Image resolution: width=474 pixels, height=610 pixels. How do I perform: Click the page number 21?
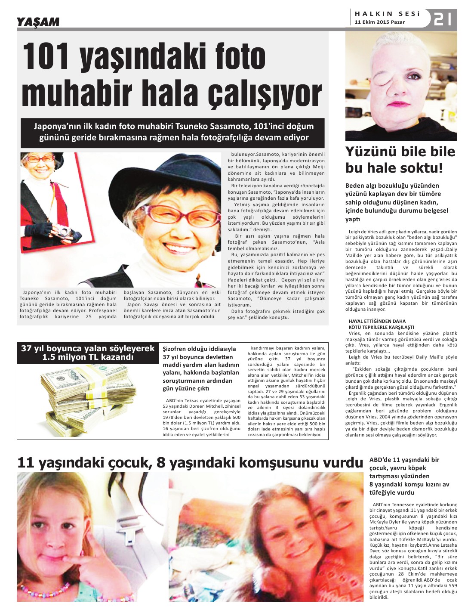click(443, 19)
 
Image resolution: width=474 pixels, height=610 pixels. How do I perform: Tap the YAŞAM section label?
click(38, 22)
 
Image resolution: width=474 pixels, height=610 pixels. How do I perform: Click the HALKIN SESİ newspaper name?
click(387, 14)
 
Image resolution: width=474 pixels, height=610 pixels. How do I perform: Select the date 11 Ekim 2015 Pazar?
click(379, 22)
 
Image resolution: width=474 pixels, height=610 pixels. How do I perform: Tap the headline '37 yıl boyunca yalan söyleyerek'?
click(88, 348)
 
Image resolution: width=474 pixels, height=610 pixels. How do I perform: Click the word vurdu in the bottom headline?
click(339, 463)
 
